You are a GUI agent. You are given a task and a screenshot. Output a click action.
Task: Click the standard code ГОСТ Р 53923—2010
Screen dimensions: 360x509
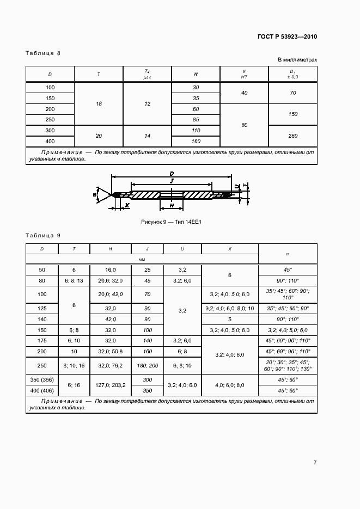point(286,37)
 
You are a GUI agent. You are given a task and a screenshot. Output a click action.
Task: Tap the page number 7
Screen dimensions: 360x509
point(315,463)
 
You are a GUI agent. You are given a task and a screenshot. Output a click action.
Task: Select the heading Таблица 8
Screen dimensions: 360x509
point(43,53)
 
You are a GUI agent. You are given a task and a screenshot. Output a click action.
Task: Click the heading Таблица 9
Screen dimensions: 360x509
point(43,235)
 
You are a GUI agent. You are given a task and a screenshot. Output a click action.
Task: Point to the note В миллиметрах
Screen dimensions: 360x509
point(297,60)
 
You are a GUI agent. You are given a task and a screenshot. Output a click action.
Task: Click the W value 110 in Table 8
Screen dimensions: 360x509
point(196,131)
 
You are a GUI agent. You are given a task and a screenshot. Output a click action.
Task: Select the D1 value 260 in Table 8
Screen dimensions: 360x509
point(293,136)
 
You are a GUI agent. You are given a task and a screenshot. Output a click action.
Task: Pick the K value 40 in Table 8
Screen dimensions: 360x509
point(244,93)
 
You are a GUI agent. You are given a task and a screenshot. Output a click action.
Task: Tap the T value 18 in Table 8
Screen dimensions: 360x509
point(99,103)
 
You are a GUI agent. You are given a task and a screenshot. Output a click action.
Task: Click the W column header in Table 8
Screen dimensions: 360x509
point(196,74)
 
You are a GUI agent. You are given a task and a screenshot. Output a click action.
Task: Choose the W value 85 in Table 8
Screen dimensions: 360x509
point(196,120)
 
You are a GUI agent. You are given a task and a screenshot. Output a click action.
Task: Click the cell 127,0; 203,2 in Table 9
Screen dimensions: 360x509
point(111,384)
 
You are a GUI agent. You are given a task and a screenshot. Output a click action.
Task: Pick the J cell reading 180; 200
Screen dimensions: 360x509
point(147,365)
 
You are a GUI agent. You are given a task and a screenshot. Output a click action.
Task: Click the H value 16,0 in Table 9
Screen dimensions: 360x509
point(111,269)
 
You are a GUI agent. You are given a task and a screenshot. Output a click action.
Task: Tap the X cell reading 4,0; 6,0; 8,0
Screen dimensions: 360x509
point(230,384)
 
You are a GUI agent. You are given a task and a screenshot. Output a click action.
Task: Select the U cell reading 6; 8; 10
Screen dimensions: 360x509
point(182,365)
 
